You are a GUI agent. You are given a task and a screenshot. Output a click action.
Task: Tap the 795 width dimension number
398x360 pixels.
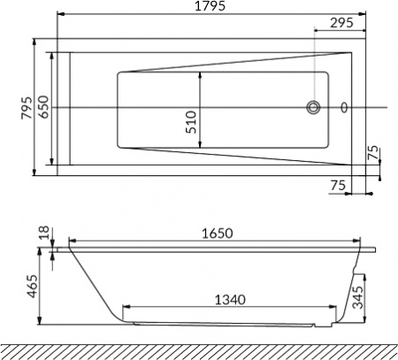tap(27, 106)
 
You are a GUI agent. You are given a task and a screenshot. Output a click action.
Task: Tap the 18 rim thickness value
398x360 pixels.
tap(44, 233)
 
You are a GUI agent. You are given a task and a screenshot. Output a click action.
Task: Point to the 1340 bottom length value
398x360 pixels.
tap(231, 301)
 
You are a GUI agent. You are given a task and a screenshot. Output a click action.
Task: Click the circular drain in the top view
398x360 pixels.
tap(314, 108)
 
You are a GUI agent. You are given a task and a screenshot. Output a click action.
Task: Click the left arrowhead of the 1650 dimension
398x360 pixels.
tap(71, 241)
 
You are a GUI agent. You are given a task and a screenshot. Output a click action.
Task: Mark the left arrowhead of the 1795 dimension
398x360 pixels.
tap(58, 15)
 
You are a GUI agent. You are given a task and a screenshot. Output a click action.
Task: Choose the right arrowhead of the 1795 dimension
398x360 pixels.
tap(366, 15)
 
